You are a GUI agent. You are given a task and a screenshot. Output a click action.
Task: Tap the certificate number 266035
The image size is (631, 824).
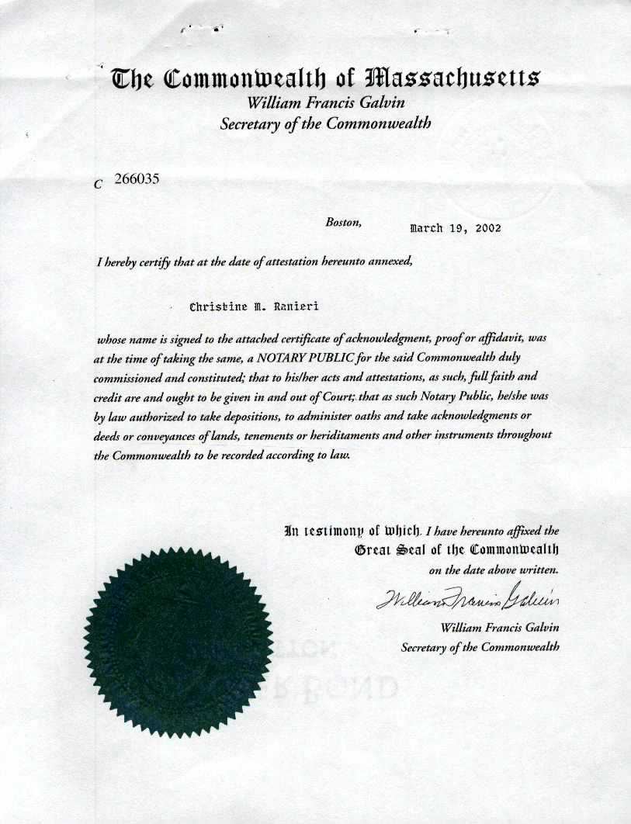point(136,178)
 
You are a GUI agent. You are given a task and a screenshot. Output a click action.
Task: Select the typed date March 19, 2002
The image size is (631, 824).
point(455,228)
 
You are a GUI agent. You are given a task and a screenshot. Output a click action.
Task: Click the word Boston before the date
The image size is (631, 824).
point(343,222)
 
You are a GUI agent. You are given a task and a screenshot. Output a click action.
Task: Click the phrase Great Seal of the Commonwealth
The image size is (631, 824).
point(456,550)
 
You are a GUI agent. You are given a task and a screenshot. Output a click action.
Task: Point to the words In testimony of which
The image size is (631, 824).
point(352,531)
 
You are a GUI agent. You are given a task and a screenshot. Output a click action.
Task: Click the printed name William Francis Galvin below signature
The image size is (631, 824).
point(500,627)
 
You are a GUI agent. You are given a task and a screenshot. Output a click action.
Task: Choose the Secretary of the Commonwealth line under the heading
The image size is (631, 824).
point(325,123)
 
